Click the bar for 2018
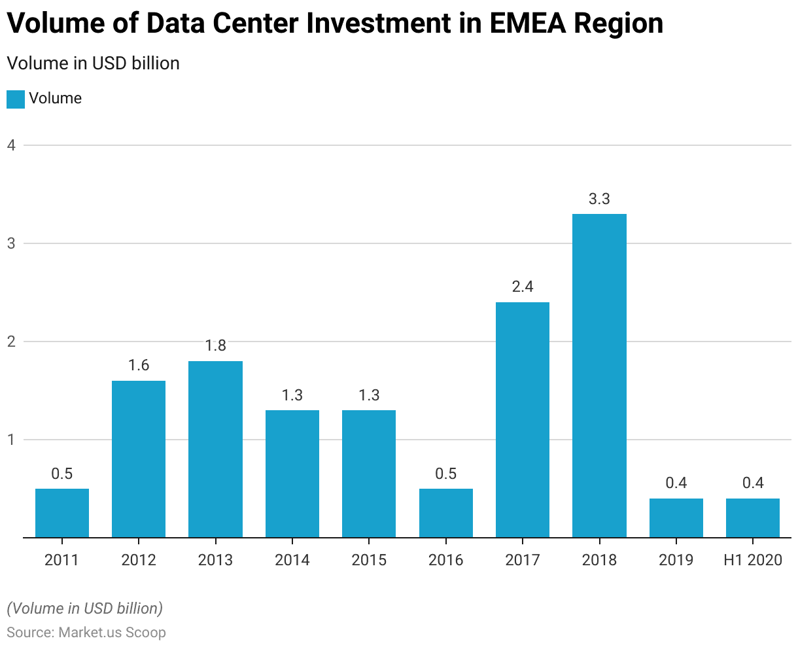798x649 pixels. point(599,376)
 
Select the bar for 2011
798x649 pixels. point(62,513)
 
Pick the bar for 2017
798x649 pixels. point(523,419)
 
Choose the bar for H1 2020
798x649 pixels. point(753,517)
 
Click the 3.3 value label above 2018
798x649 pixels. point(599,200)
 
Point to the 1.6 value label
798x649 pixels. point(139,366)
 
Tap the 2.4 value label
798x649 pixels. point(523,287)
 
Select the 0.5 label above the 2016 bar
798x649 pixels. point(445,474)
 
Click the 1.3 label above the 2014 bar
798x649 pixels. point(292,395)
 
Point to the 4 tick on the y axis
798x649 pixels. point(11,145)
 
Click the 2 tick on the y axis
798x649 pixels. point(11,342)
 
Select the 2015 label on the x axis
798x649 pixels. point(369,560)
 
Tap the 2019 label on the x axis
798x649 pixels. point(676,560)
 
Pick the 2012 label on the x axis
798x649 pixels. point(139,560)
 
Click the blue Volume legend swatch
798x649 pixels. point(16,99)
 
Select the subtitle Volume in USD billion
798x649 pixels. point(93,63)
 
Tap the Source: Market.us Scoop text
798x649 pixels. point(86,633)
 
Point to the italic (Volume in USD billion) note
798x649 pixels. point(85,608)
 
